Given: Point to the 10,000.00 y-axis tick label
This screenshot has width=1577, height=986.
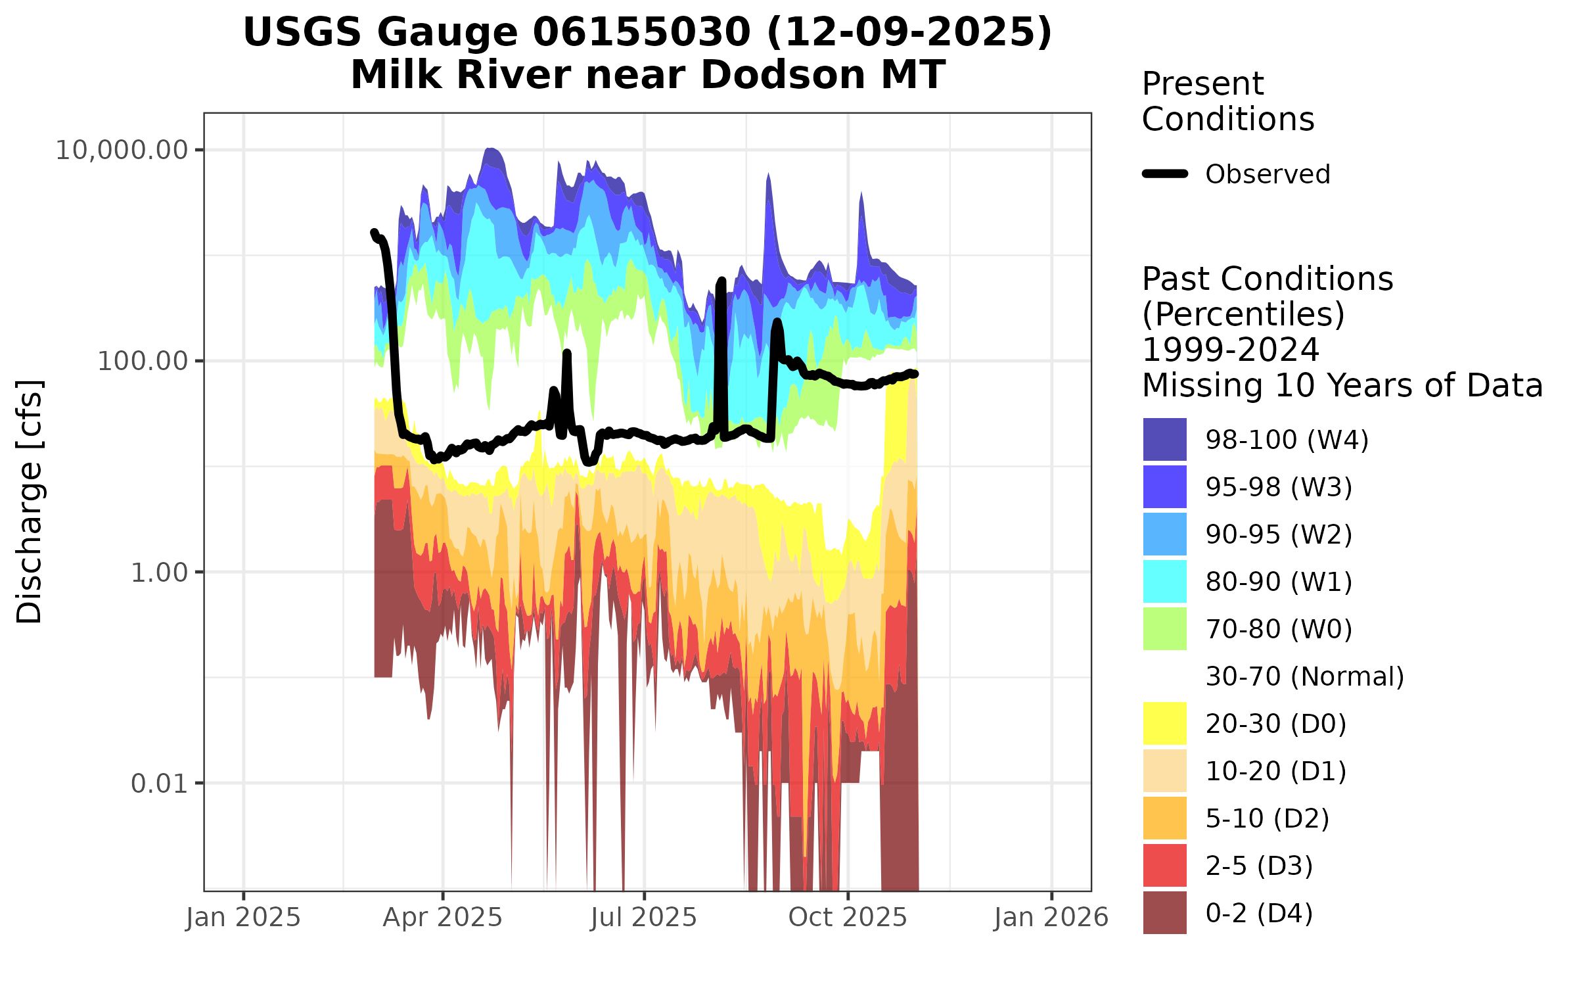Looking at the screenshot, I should pyautogui.click(x=122, y=151).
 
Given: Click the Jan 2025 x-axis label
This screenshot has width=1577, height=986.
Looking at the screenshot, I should pyautogui.click(x=243, y=917).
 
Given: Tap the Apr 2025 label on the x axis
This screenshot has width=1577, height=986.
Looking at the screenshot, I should pyautogui.click(x=442, y=917).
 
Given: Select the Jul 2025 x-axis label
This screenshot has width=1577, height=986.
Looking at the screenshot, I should pyautogui.click(x=643, y=917).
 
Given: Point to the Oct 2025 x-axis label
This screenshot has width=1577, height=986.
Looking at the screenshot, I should pyautogui.click(x=848, y=917).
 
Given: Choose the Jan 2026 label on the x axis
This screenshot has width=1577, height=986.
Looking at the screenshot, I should pyautogui.click(x=1051, y=917).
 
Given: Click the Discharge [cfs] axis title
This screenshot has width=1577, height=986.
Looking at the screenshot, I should pyautogui.click(x=30, y=501).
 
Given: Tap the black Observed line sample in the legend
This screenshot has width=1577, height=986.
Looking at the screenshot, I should pyautogui.click(x=1165, y=174).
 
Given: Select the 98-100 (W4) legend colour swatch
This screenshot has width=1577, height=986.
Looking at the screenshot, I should pyautogui.click(x=1164, y=439).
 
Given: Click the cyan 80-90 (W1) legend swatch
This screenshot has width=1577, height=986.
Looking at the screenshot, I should pyautogui.click(x=1164, y=581).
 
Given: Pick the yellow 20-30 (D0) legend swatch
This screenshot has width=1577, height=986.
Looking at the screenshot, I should pyautogui.click(x=1164, y=723).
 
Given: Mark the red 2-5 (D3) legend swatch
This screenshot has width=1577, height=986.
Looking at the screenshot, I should pyautogui.click(x=1164, y=865).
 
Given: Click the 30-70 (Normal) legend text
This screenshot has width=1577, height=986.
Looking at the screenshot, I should pyautogui.click(x=1304, y=676).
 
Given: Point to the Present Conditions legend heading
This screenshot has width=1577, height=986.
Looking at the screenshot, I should pyautogui.click(x=1227, y=101).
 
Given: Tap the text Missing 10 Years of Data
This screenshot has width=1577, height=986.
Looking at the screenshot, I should pyautogui.click(x=1342, y=385).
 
